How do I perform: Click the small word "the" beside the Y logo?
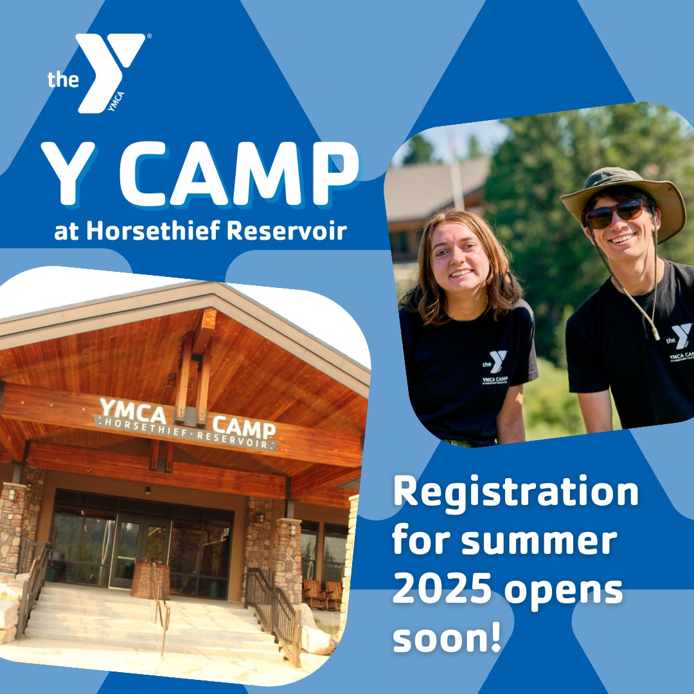coord(63,80)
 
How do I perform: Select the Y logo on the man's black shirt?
coord(681,335)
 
